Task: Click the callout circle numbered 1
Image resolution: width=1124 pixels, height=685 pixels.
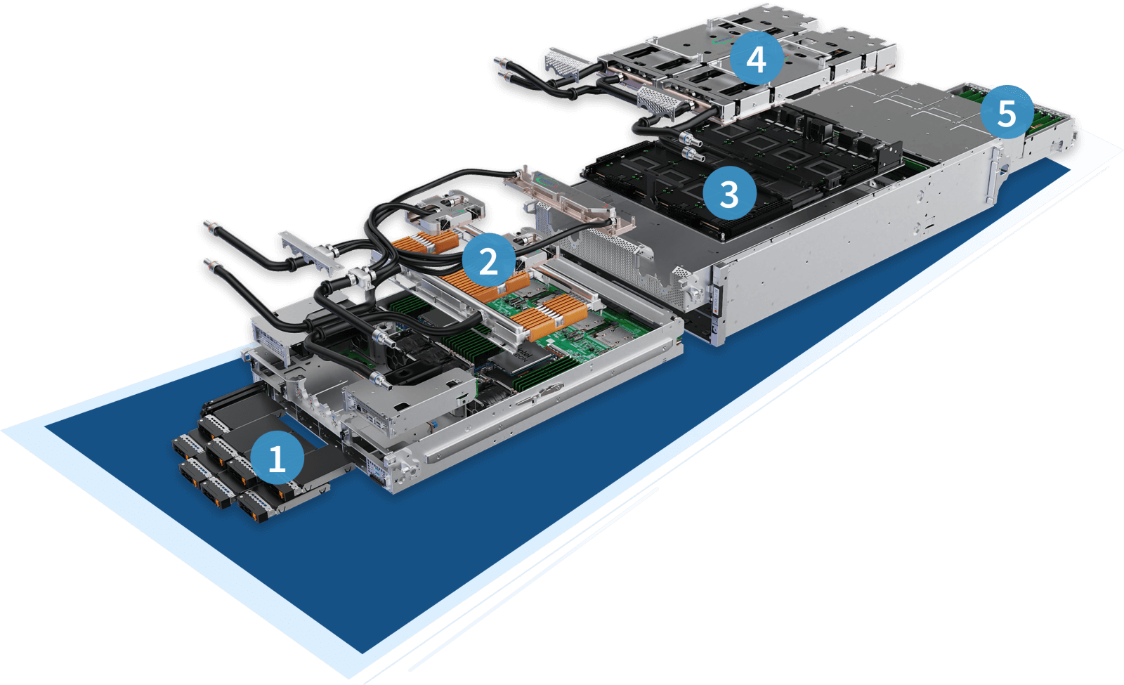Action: [277, 458]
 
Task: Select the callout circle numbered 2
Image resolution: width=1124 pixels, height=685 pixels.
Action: [488, 261]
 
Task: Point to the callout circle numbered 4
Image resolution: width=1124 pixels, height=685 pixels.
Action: [755, 60]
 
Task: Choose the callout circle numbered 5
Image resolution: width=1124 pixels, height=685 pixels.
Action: [1006, 112]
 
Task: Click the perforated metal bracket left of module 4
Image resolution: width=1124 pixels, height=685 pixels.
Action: [566, 64]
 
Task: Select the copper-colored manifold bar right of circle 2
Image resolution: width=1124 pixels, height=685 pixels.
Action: [569, 204]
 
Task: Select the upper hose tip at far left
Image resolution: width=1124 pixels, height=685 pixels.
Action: [209, 226]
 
